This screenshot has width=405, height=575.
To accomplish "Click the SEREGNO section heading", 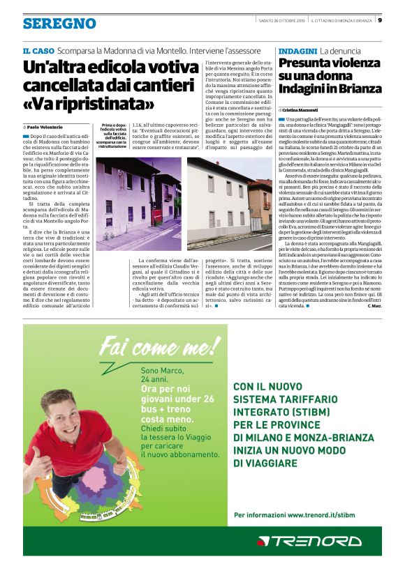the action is (59, 24).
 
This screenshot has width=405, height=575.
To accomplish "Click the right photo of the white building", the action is (230, 202).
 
